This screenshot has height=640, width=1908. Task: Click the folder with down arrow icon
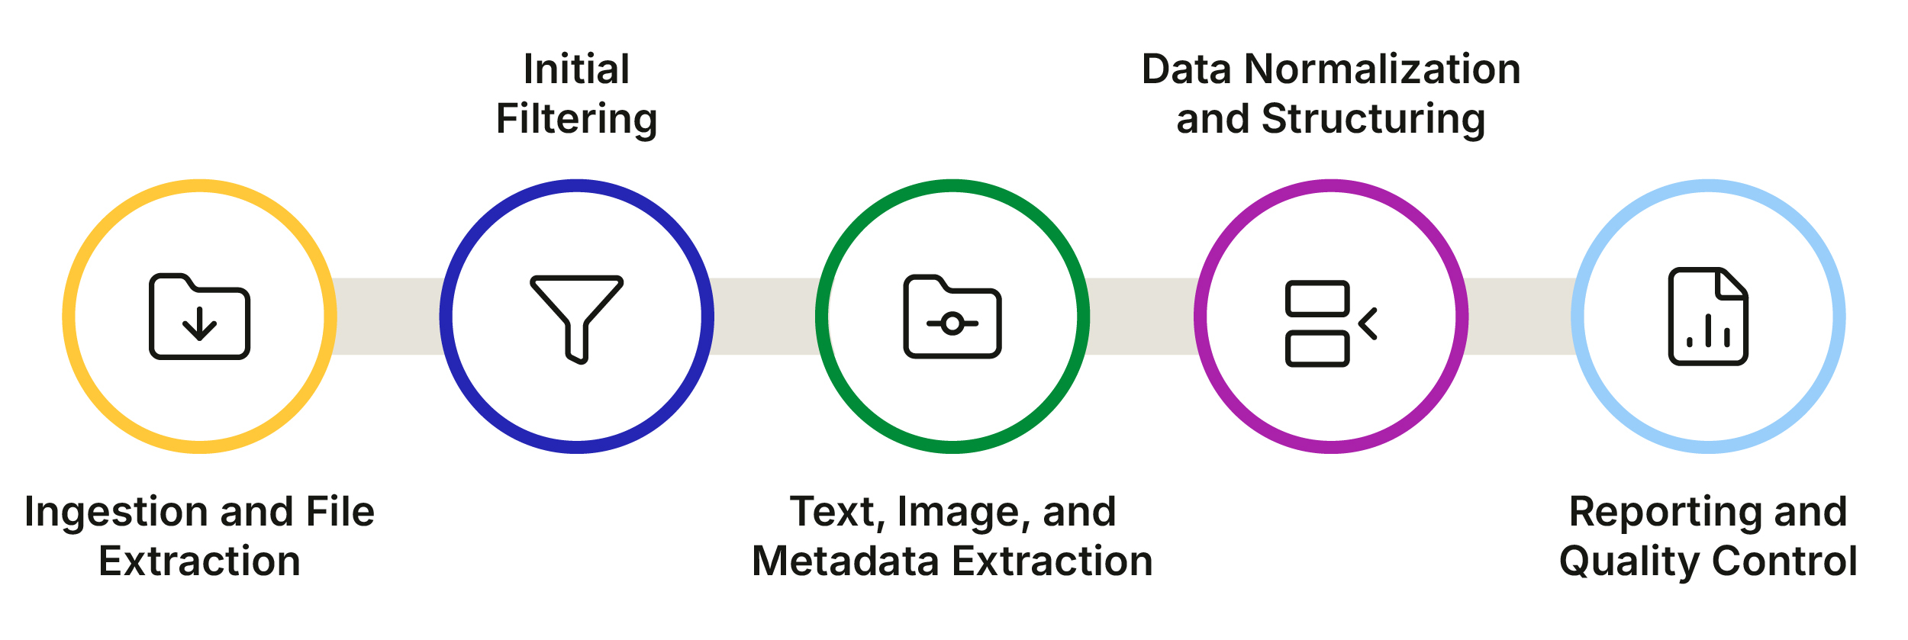pyautogui.click(x=199, y=316)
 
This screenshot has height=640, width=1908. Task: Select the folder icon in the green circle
pyautogui.click(x=952, y=317)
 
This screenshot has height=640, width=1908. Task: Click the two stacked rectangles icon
pyautogui.click(x=1318, y=323)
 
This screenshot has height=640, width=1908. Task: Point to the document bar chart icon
pyautogui.click(x=1708, y=317)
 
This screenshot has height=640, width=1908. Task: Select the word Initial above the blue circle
pyautogui.click(x=576, y=69)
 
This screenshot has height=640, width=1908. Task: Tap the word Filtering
pyautogui.click(x=576, y=119)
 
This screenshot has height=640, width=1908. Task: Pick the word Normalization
pyautogui.click(x=1382, y=69)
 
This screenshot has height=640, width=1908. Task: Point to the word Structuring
pyautogui.click(x=1373, y=119)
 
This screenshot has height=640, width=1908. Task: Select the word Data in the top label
pyautogui.click(x=1186, y=69)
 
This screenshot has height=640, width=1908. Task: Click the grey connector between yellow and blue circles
pyautogui.click(x=388, y=316)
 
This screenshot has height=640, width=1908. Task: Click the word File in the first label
pyautogui.click(x=340, y=512)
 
